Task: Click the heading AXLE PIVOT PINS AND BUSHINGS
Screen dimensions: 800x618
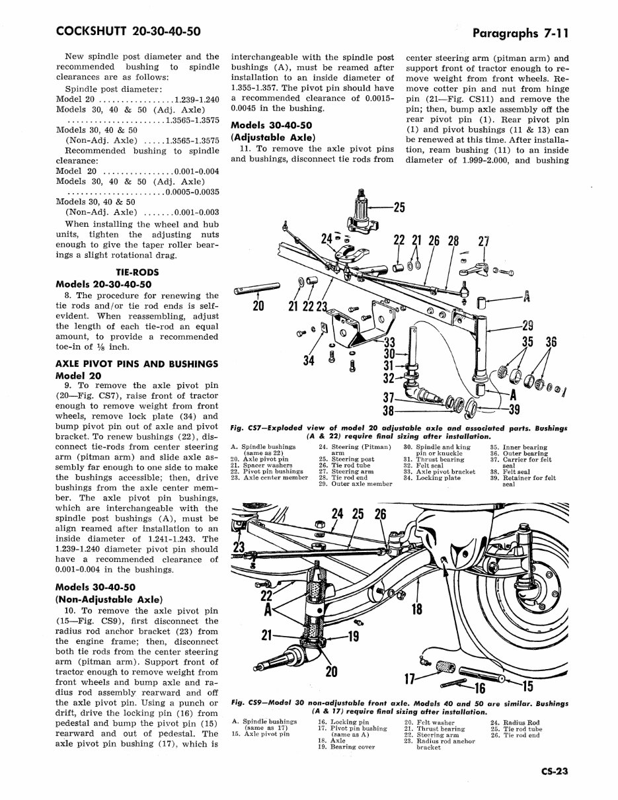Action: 137,364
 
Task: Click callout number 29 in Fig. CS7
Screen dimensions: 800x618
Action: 527,325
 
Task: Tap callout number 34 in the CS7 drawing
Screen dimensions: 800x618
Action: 308,360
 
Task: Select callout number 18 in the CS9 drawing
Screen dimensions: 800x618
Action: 416,608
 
